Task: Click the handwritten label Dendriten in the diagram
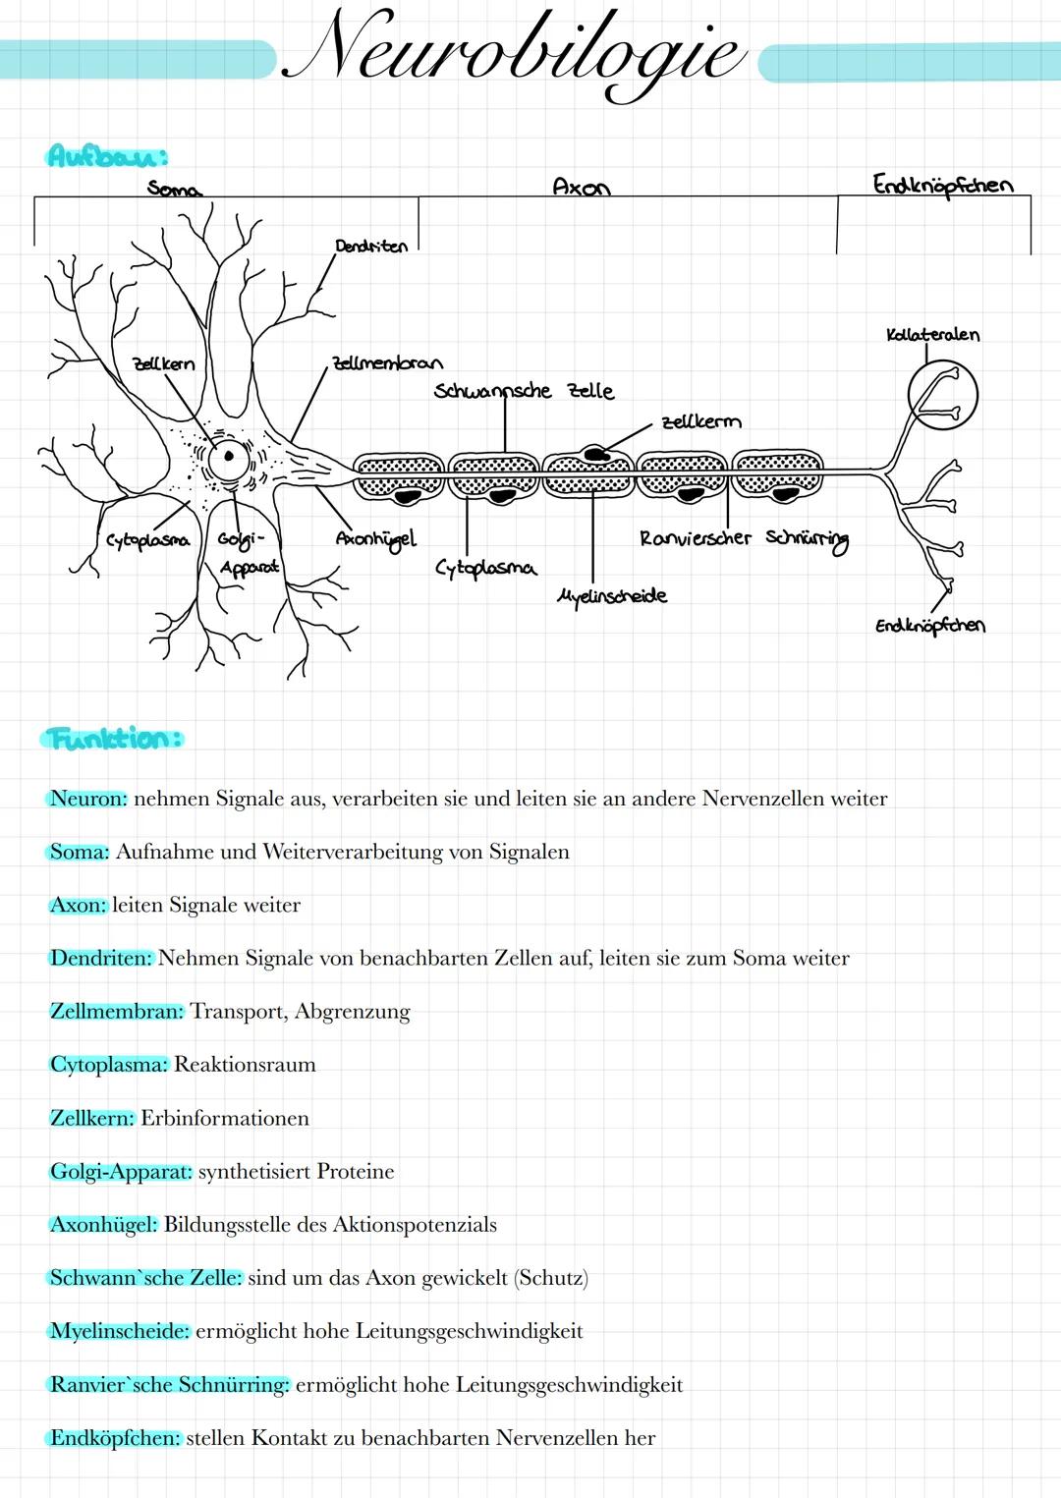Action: [x=370, y=246]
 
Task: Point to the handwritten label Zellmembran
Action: [x=387, y=363]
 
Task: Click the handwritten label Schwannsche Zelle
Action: [x=524, y=391]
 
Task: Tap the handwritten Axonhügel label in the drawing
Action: [x=375, y=539]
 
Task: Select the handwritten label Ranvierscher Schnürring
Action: [x=744, y=538]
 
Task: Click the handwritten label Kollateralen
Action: [x=932, y=335]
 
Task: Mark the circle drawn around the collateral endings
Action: [x=943, y=395]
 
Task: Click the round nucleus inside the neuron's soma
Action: [x=229, y=456]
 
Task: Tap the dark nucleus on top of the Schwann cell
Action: [x=593, y=453]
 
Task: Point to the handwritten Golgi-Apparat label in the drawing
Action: [x=246, y=553]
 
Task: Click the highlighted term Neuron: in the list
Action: [x=88, y=799]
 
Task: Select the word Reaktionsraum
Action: [x=245, y=1065]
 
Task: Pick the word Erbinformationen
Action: [x=224, y=1118]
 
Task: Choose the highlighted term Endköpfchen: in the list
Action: [x=115, y=1438]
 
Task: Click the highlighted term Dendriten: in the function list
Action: [x=101, y=958]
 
